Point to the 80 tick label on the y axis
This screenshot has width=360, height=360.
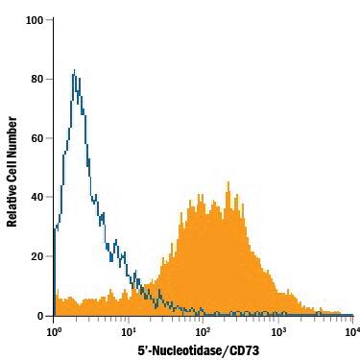pyautogui.click(x=38, y=79)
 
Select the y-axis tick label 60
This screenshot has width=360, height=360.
pyautogui.click(x=38, y=138)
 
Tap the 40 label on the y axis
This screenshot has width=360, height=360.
pyautogui.click(x=38, y=197)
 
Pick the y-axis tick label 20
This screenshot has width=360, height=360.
pyautogui.click(x=38, y=256)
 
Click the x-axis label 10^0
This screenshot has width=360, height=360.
pyautogui.click(x=54, y=331)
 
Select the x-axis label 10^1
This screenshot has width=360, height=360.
pyautogui.click(x=129, y=331)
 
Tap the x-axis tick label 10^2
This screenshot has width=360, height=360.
pyautogui.click(x=204, y=331)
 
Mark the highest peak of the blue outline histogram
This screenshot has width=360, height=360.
pyautogui.click(x=74, y=69)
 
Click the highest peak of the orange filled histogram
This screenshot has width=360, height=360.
pyautogui.click(x=228, y=182)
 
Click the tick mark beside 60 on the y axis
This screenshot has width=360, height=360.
pyautogui.click(x=51, y=138)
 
